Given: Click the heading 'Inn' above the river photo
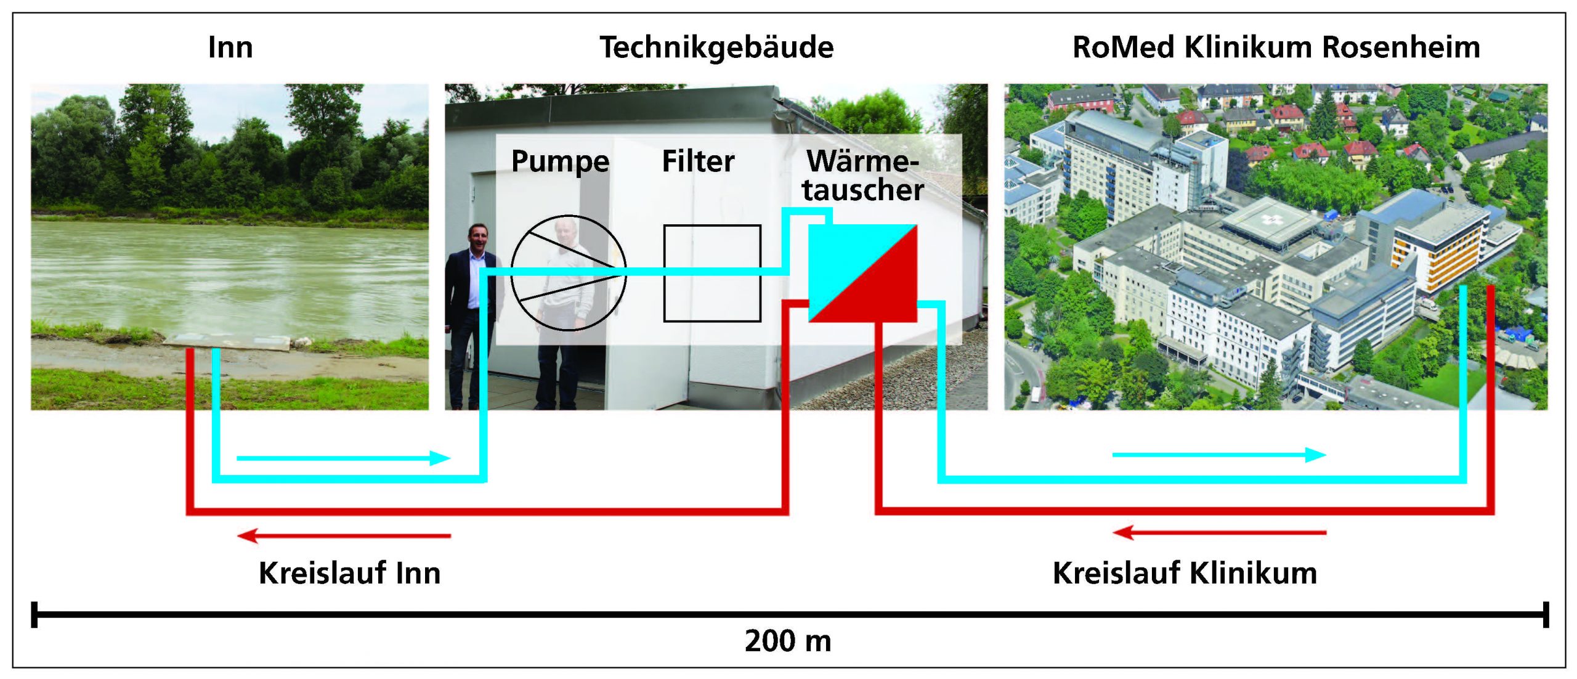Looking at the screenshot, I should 230,47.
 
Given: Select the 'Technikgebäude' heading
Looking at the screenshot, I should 716,47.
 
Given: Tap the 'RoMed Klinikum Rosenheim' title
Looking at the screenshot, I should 1276,47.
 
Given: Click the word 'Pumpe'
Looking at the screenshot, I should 560,162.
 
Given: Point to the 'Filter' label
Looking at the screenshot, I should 698,161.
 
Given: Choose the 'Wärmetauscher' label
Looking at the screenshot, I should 862,176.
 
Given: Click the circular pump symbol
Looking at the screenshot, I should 568,273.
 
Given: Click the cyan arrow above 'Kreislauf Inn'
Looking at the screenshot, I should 344,458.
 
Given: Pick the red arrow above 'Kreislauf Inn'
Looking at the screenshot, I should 344,535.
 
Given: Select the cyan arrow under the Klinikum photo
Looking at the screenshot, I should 1218,455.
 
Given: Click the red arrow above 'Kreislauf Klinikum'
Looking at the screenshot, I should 1218,532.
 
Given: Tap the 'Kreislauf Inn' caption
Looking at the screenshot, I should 349,573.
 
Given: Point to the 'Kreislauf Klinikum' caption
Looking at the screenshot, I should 1185,573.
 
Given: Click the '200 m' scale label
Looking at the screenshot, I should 788,641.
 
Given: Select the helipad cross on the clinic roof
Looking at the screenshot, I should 1268,219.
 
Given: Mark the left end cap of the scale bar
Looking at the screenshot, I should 34,614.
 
